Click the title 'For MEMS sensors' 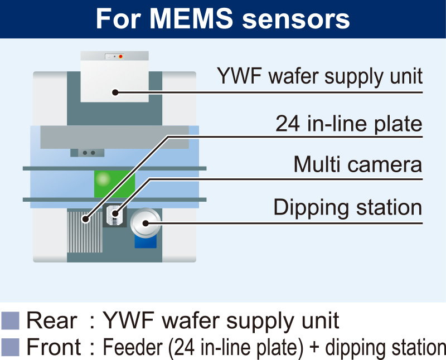pos(223,19)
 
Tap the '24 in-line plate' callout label pos(349,124)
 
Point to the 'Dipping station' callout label pos(347,207)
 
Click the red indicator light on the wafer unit pos(120,57)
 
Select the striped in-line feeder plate pos(85,231)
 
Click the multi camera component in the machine pos(115,215)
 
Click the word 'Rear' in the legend pos(52,321)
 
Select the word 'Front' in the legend pos(55,347)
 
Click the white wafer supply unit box pos(114,78)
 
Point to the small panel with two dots pos(87,153)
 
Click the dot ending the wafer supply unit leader pos(115,92)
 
